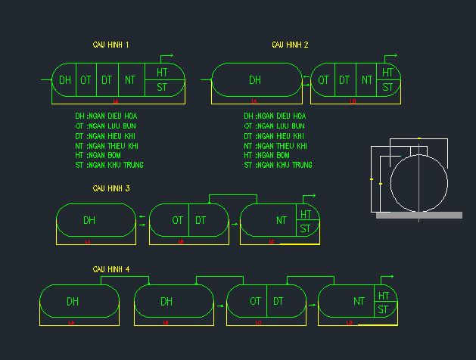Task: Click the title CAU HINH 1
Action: click(110, 45)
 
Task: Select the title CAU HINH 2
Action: click(290, 45)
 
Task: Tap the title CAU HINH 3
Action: click(111, 188)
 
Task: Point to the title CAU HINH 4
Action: click(111, 269)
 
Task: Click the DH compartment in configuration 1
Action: click(65, 79)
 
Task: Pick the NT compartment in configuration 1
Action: click(130, 79)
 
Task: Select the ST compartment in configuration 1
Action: click(162, 88)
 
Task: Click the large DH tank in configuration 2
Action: click(255, 79)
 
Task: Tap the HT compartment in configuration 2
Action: click(388, 73)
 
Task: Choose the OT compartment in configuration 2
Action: click(323, 79)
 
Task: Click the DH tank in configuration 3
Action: click(89, 220)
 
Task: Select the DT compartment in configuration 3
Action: click(201, 220)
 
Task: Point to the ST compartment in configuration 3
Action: click(305, 228)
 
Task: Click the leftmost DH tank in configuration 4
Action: click(73, 301)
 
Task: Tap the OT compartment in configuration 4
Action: click(255, 301)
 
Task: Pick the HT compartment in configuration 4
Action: click(384, 296)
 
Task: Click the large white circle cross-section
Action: click(419, 184)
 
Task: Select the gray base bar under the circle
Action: click(419, 216)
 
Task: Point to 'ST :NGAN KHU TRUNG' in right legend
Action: click(278, 165)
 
